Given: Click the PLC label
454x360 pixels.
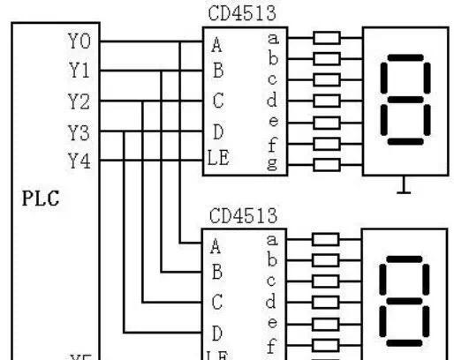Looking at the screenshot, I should [41, 198].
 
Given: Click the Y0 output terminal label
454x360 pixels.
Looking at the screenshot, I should [79, 41].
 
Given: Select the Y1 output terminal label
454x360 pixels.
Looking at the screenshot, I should [79, 71].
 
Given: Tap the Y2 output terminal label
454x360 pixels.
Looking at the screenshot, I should [79, 101].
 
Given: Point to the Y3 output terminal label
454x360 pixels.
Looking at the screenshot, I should [79, 131].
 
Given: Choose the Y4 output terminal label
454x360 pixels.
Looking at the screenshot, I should [79, 161].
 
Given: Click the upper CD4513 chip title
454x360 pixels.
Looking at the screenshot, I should [242, 14].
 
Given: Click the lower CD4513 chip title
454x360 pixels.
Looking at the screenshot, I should [242, 215].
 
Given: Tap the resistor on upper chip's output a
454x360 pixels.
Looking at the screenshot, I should [327, 39].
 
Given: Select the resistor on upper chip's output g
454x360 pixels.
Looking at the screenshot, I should [327, 162].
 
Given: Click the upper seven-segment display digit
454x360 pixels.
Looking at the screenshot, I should [405, 102].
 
